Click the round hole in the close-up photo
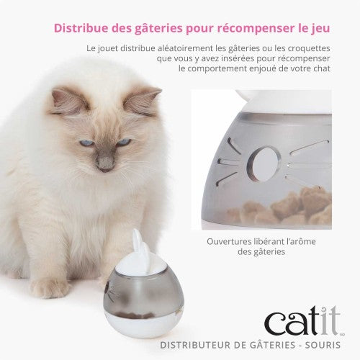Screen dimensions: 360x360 pyautogui.click(x=264, y=163)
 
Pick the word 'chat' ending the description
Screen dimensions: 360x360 pyautogui.click(x=322, y=68)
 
